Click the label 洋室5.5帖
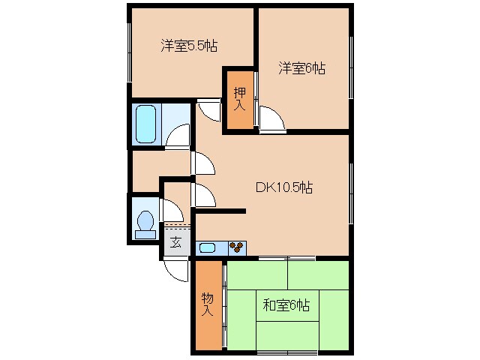[x=188, y=46]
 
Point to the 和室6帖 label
[x=286, y=305]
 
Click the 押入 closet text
[x=239, y=99]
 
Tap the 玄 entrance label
[x=175, y=241]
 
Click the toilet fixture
[x=145, y=223]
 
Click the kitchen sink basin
[x=208, y=246]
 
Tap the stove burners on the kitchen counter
[x=237, y=246]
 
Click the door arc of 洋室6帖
[x=271, y=118]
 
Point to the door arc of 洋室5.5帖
[x=210, y=111]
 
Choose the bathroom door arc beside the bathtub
[x=178, y=135]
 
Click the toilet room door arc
[x=172, y=208]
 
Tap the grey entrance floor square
[x=175, y=241]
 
